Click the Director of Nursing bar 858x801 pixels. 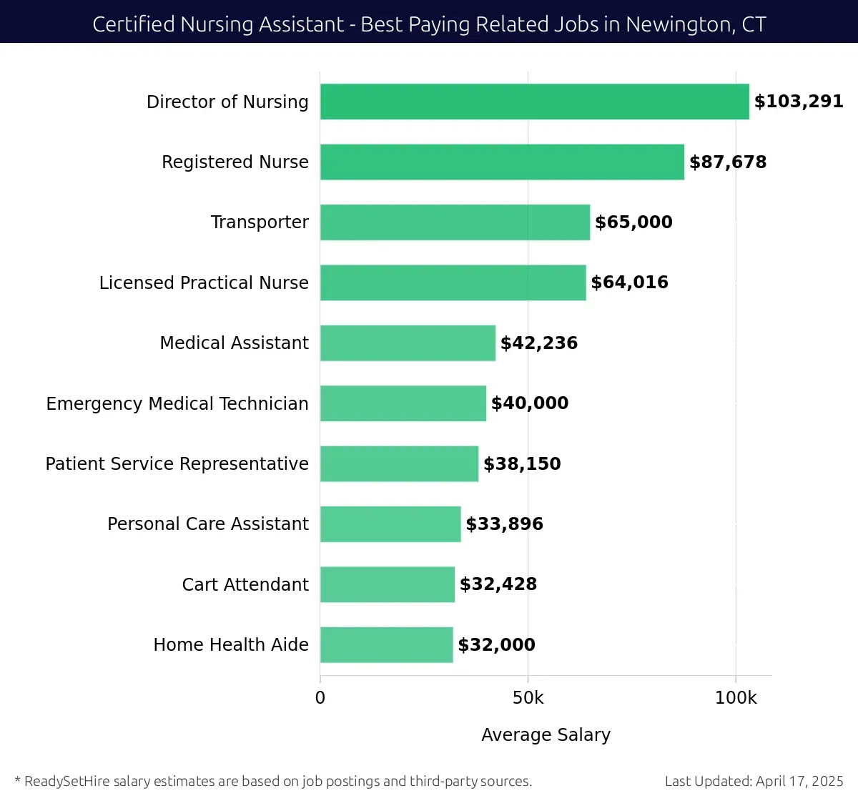tap(534, 102)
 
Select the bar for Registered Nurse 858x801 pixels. tap(502, 162)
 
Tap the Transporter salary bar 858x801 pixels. tap(455, 222)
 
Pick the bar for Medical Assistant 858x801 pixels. tap(408, 343)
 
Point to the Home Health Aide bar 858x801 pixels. tap(386, 645)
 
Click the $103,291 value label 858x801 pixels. tap(799, 102)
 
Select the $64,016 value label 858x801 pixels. tap(629, 282)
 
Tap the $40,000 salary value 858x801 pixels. tap(530, 403)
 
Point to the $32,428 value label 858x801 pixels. tap(498, 584)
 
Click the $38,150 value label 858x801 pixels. tap(522, 464)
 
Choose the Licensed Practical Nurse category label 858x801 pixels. tap(204, 283)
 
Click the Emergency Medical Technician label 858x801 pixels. tap(177, 404)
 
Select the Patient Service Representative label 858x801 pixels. tap(177, 464)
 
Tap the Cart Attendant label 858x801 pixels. tap(245, 585)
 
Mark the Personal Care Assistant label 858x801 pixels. tap(208, 524)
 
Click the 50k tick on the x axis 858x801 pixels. tap(528, 698)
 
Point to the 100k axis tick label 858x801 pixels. tap(736, 698)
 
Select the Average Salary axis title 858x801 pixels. tap(546, 735)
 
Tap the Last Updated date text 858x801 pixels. tap(754, 781)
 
